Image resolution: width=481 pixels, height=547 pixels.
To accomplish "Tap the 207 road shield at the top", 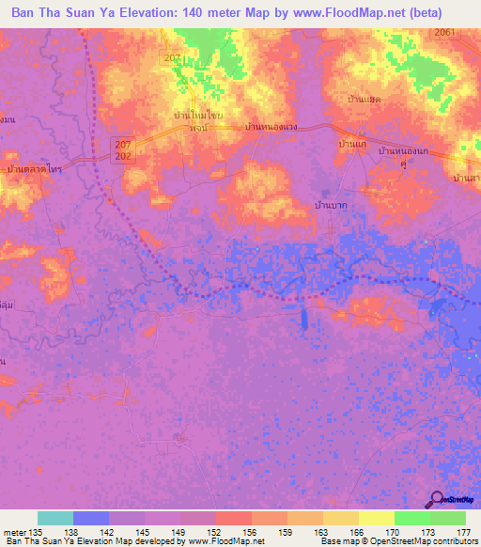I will pos(170,58).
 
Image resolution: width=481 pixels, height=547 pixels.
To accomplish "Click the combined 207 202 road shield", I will pos(123,149).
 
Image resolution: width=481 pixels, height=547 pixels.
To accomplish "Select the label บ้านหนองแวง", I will pos(270,125).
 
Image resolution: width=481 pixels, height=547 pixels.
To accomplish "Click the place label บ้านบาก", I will pos(329,204).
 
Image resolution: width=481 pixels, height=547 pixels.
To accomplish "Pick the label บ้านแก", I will pos(351,146).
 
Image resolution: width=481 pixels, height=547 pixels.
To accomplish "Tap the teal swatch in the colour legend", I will pos(55,518).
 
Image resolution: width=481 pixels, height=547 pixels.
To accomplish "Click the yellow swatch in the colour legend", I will pos(376,518).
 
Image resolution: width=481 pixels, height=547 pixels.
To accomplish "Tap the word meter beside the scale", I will pos(16,531).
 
